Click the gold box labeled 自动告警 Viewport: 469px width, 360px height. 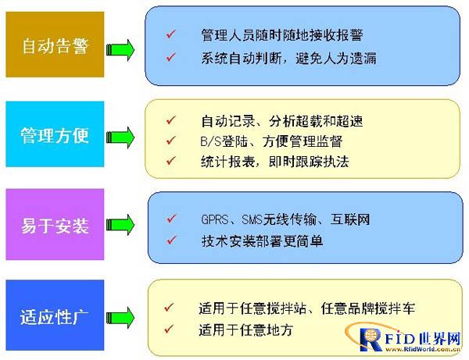click(55, 45)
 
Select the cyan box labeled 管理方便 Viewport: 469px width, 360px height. click(55, 134)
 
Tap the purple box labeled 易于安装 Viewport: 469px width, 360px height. click(55, 224)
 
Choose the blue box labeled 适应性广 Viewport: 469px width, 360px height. click(55, 315)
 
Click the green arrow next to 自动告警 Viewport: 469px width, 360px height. click(120, 50)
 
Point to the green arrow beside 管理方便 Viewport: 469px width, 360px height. click(120, 137)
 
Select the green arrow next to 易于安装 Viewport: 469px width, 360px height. click(120, 224)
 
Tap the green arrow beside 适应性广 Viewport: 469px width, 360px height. click(120, 317)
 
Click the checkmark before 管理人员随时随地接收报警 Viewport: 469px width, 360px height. click(171, 34)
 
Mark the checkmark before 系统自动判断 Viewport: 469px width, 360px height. click(171, 57)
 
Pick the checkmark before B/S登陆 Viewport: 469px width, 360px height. click(171, 140)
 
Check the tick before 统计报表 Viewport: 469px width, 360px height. click(171, 161)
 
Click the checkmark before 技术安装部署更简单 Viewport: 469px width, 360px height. click(172, 240)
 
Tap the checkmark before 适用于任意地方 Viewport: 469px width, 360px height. click(169, 329)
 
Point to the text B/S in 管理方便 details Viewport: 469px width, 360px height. click(211, 141)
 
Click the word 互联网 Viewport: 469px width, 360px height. click(350, 219)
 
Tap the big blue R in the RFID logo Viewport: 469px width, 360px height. click(371, 340)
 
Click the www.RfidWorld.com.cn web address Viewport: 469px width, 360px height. click(423, 349)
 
